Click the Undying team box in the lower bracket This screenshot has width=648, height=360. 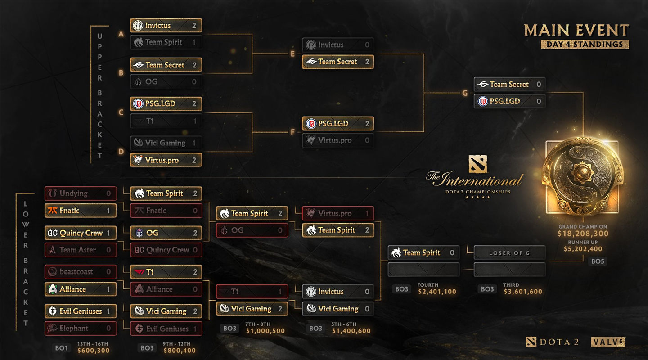click(x=81, y=193)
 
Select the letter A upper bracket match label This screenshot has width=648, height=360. click(x=121, y=34)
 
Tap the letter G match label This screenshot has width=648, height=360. click(x=465, y=93)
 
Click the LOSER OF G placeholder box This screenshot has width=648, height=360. click(x=509, y=253)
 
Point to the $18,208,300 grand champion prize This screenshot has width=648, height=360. click(x=583, y=234)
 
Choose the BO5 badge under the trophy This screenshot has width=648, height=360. click(x=598, y=261)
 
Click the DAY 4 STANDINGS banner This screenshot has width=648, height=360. click(x=585, y=44)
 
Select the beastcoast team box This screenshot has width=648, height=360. click(x=81, y=272)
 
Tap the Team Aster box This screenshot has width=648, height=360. click(x=81, y=250)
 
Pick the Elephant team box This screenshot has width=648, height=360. click(x=81, y=328)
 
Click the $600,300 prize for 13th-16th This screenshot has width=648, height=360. click(x=93, y=350)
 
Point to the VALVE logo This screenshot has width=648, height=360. click(x=608, y=342)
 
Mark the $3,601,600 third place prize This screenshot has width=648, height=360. click(x=523, y=292)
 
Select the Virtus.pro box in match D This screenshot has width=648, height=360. click(x=166, y=160)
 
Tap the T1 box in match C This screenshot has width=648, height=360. click(x=166, y=121)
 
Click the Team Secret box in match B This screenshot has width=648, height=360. click(x=166, y=65)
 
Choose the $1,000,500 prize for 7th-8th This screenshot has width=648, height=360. click(x=265, y=331)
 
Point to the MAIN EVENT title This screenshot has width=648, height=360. click(x=576, y=30)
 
